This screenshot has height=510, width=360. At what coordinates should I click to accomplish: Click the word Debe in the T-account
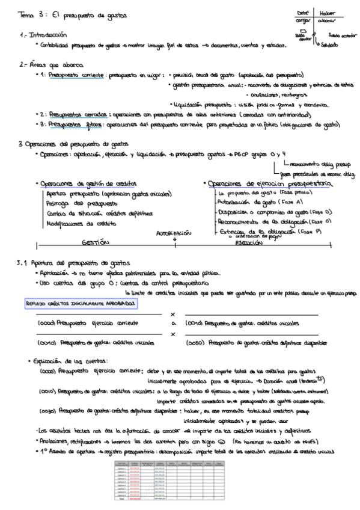tap(303, 13)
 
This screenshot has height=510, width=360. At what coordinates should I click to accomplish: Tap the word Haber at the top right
tap(329, 13)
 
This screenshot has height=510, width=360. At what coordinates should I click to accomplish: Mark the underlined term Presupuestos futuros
tap(65, 125)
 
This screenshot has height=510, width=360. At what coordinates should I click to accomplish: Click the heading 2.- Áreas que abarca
tap(50, 64)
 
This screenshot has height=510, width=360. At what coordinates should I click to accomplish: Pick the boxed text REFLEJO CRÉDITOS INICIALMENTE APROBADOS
tap(81, 304)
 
